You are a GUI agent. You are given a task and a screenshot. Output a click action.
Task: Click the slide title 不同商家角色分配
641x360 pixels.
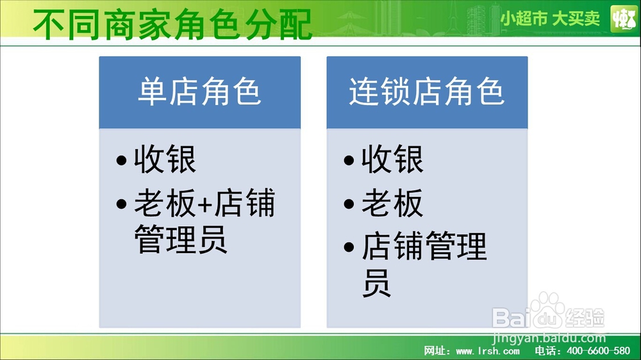[x=172, y=24]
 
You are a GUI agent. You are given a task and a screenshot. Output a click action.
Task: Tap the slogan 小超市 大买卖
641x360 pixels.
[x=550, y=19]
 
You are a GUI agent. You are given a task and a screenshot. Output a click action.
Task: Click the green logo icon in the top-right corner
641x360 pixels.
[x=624, y=19]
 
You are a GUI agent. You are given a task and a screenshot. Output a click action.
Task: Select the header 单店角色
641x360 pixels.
[x=199, y=92]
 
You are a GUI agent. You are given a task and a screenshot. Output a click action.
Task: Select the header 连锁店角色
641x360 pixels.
[x=426, y=92]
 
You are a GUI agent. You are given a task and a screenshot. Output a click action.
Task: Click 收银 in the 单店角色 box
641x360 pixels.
[x=165, y=160]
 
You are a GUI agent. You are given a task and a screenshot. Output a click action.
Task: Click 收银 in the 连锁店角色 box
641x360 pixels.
[x=392, y=160]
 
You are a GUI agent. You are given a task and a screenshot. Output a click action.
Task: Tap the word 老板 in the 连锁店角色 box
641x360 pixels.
[x=392, y=203]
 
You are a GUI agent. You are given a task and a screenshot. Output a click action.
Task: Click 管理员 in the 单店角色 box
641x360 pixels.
[x=181, y=240]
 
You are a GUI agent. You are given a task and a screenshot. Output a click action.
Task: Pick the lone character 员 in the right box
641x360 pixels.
[x=376, y=282]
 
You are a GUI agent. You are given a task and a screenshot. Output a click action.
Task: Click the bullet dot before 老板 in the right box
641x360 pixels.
[x=349, y=204]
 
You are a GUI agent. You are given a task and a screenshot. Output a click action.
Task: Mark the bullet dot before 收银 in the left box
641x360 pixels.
[x=121, y=160]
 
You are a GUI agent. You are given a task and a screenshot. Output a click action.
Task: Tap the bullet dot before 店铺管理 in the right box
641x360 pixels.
[x=349, y=247]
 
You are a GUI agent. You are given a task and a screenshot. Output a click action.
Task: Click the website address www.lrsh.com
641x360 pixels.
[x=488, y=351]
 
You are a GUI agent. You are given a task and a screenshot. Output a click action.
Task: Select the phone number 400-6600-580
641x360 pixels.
[x=599, y=350]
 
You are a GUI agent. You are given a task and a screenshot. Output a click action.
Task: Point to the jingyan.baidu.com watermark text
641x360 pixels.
[x=549, y=338]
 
